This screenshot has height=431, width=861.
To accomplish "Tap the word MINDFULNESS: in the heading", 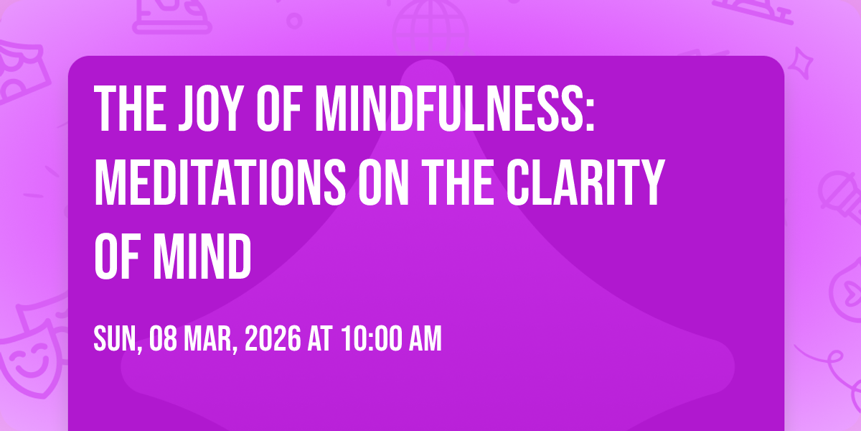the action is tap(455, 108).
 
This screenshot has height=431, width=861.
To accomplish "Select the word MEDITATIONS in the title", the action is tap(220, 182).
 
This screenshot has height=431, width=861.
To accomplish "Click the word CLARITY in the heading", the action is tap(585, 182).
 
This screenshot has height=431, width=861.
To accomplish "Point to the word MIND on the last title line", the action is tap(202, 256).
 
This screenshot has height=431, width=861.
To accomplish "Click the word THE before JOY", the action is tap(130, 108).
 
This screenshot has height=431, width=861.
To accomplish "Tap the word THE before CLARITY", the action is tap(458, 182).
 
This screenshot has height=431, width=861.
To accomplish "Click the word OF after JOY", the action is tap(278, 108).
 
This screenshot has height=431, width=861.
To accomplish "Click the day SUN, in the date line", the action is tap(118, 339).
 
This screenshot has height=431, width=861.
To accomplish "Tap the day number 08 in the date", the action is tap(164, 338).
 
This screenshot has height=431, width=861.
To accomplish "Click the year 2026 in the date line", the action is tap(273, 338).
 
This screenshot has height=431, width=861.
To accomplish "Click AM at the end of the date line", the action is tap(425, 338).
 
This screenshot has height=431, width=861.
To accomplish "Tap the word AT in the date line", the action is tap(320, 338).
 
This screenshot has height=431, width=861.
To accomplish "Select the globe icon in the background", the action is tap(430, 27).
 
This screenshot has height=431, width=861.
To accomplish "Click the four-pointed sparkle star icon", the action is tap(801, 63).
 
